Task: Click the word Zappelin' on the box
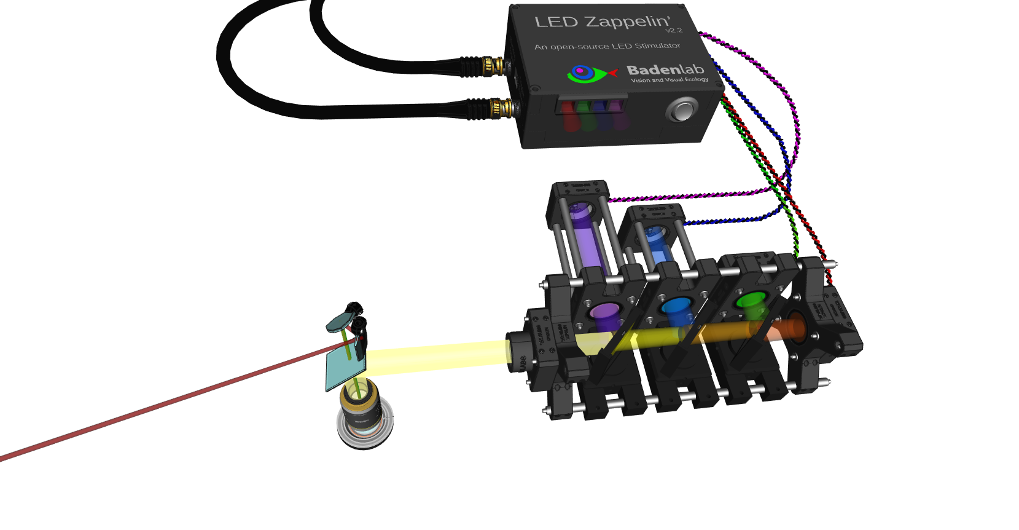(x=627, y=22)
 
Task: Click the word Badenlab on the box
(x=665, y=69)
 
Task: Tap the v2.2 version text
(x=673, y=31)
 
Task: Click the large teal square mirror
(x=344, y=370)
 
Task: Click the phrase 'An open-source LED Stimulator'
(x=607, y=46)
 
